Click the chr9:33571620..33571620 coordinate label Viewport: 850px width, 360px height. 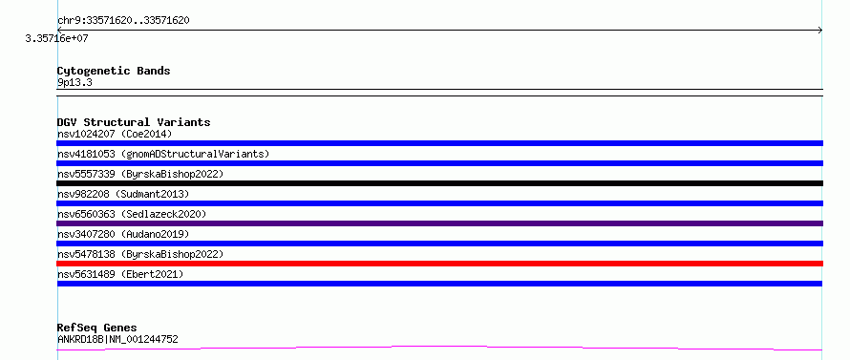123,21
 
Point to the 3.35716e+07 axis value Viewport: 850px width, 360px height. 56,38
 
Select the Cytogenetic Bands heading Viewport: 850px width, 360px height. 114,71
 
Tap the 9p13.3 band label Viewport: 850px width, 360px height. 74,82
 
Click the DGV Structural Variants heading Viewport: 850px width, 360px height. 134,122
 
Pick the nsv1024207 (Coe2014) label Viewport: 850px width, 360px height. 115,134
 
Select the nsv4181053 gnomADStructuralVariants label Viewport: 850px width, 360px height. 163,154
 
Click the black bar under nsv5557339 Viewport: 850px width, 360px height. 439,183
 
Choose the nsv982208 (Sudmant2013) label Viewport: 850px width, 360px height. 123,194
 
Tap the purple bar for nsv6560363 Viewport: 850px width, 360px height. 439,223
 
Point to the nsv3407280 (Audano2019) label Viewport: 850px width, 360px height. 123,234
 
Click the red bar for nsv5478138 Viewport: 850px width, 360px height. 439,264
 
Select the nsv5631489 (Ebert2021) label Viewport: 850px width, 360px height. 120,274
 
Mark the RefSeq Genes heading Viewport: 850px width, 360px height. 96,328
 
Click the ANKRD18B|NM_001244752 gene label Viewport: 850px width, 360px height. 117,339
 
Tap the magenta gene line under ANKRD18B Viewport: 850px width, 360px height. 439,348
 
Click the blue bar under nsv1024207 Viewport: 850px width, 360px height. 439,143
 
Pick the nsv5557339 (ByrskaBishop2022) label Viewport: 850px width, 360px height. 140,174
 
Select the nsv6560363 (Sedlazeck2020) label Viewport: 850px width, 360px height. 132,214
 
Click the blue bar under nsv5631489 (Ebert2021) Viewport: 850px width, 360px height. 439,284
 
